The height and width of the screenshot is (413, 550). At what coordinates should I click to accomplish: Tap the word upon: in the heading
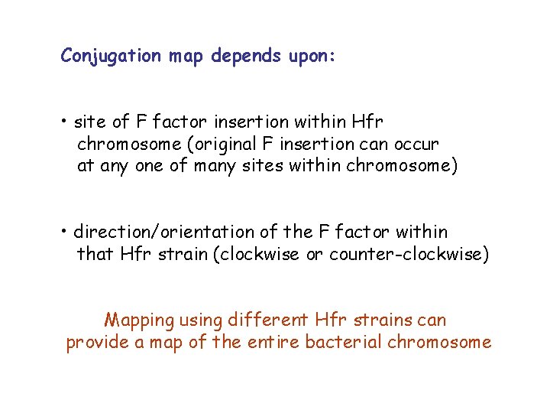tap(309, 56)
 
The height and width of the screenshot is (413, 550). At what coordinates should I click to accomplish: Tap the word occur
tap(416, 144)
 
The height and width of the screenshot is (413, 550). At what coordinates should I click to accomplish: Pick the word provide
tap(97, 343)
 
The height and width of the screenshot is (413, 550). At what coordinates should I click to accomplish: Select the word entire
tap(271, 342)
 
